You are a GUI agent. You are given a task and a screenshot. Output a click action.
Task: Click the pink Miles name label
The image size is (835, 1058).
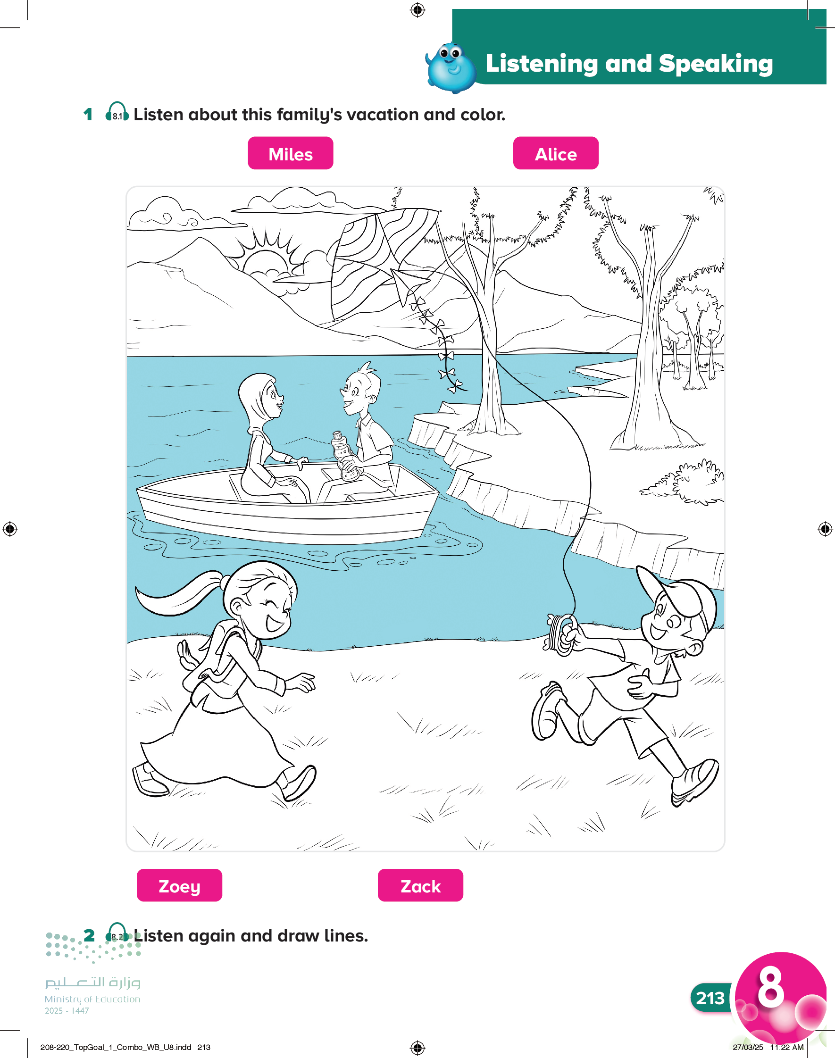(291, 153)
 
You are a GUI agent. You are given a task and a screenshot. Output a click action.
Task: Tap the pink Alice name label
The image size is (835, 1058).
(556, 153)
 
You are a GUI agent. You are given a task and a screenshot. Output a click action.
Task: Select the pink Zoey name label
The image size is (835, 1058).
(179, 885)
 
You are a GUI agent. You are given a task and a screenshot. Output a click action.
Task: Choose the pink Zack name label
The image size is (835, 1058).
(420, 885)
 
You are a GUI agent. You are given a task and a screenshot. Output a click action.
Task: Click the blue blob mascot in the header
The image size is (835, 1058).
(451, 67)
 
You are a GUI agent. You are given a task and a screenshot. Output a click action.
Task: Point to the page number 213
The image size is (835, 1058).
(710, 998)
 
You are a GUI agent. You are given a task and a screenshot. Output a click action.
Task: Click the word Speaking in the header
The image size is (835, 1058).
(716, 64)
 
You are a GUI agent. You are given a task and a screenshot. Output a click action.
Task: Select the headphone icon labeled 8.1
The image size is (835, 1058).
(117, 112)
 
